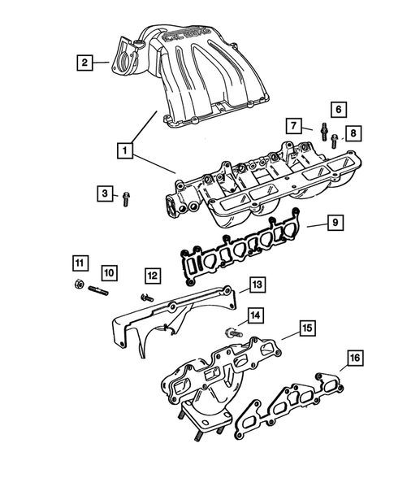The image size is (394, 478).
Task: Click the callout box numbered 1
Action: pos(123,150)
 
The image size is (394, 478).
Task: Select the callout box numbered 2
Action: pos(83,60)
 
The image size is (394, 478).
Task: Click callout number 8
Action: pos(351,133)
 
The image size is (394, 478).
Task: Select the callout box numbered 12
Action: pos(153,276)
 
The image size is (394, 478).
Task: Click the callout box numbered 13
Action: pos(257,284)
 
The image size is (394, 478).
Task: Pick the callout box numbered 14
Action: pos(254,315)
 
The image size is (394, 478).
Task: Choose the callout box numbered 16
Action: pos(355,358)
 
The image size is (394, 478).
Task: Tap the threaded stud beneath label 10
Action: pos(98,289)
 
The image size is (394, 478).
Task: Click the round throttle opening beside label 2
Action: pos(123,59)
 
